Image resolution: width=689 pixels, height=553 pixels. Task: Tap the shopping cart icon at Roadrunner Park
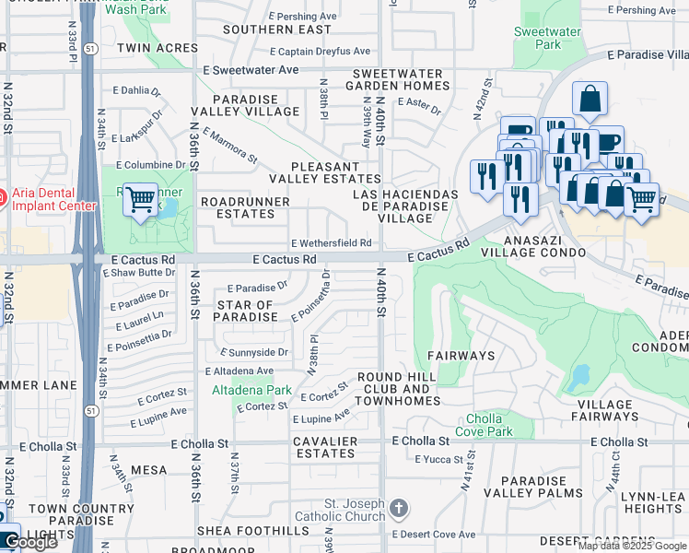[x=140, y=198]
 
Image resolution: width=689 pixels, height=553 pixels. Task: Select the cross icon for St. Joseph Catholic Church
[x=398, y=508]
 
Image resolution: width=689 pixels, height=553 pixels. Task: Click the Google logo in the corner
[x=30, y=543]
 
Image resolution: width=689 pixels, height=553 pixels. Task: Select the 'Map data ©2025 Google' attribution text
[x=632, y=546]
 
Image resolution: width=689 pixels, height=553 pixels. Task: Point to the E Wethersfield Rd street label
[x=331, y=243]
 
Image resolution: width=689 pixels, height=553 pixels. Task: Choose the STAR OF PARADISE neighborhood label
[x=246, y=311]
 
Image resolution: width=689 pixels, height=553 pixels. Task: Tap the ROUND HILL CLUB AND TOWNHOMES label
[x=393, y=383]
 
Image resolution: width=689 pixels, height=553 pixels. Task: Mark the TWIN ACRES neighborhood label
[x=157, y=48]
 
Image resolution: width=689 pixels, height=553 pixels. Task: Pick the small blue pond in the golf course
[x=579, y=377]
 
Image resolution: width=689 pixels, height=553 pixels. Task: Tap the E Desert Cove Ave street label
[x=434, y=535]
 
